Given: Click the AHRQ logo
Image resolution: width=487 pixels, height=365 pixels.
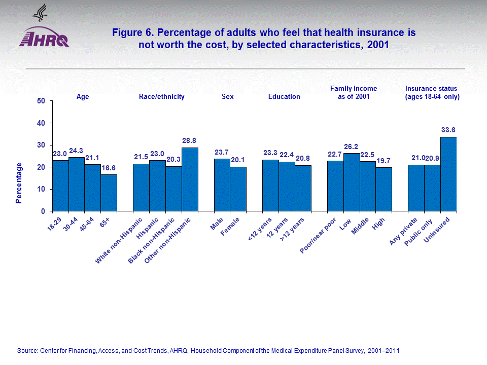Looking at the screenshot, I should [44, 35].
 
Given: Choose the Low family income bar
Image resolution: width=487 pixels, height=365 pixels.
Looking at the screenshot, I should [352, 182].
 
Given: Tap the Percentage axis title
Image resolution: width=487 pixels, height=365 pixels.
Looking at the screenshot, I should [19, 182].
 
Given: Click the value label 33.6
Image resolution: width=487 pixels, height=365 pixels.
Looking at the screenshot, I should [448, 130].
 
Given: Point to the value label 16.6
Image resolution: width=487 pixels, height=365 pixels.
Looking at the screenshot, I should [109, 168].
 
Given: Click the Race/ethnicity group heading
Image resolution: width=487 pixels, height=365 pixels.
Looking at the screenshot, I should [161, 96].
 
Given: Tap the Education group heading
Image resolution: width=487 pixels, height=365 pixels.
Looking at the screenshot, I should [284, 96].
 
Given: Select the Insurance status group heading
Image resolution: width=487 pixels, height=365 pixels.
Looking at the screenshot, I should [432, 92].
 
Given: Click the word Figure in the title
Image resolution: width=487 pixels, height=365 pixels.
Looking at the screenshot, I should [126, 33].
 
